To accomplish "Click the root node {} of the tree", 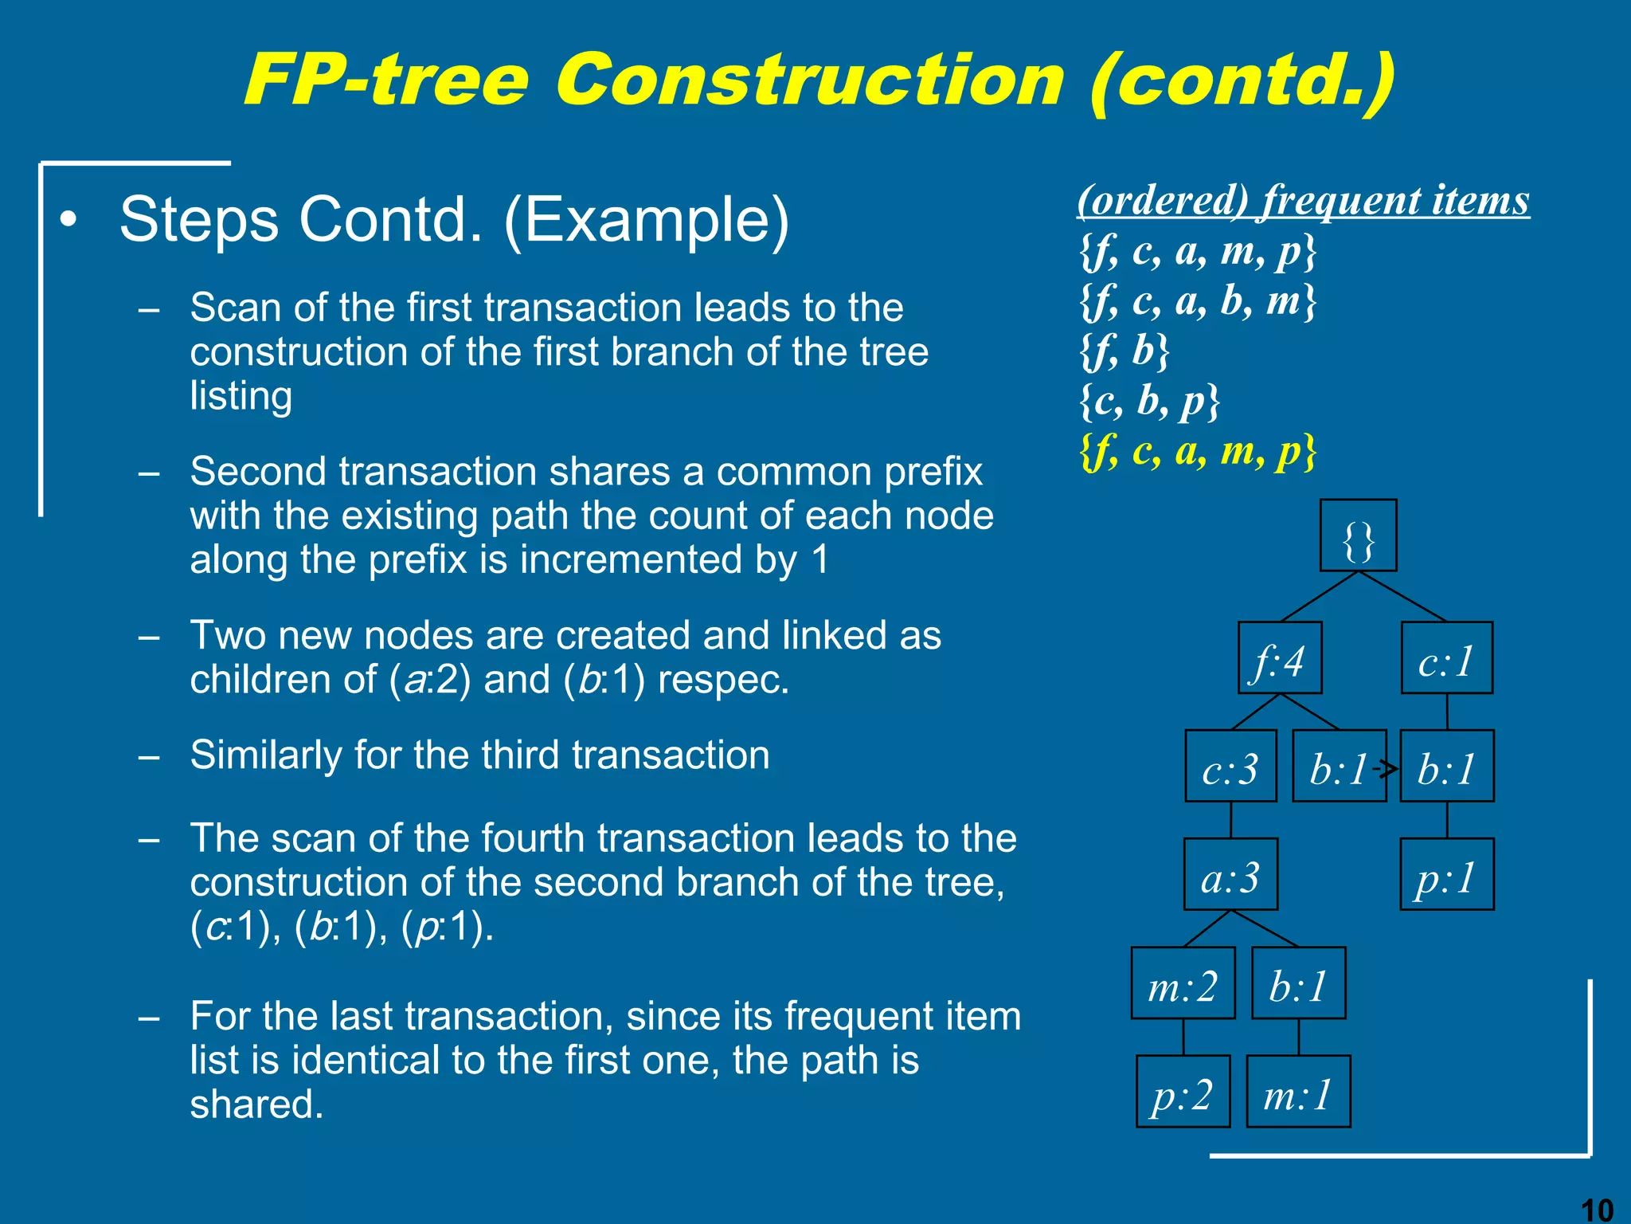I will click(1358, 535).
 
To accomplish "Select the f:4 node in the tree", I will click(1280, 658).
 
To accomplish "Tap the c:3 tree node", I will click(1230, 766).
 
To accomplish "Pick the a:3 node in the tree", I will click(1230, 874).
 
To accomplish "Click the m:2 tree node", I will click(1183, 983).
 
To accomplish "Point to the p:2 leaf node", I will click(1183, 1091).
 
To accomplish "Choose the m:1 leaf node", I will click(1298, 1091).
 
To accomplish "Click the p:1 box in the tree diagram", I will click(1447, 874).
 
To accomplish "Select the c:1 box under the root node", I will click(1447, 658).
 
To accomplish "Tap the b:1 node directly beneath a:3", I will click(1298, 983).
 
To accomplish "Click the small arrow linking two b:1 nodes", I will click(1387, 768).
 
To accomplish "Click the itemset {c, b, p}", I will click(1149, 401).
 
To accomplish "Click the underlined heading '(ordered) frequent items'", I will click(1303, 199).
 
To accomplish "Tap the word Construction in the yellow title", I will click(809, 80).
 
